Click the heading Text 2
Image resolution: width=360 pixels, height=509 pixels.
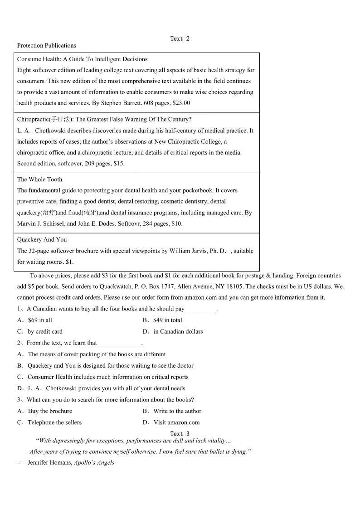(180, 39)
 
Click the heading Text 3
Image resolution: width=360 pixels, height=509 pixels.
(180, 434)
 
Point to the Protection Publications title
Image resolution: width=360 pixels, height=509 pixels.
(46, 45)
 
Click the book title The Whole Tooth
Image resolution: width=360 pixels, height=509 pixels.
(39, 179)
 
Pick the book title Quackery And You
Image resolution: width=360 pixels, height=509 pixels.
(42, 240)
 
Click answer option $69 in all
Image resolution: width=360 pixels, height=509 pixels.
(40, 320)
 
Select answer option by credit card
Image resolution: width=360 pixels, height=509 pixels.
(45, 331)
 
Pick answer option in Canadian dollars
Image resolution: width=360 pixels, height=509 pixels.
(178, 331)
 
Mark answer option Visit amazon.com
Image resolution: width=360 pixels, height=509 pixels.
(176, 422)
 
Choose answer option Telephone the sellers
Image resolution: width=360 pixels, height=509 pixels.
(54, 422)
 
